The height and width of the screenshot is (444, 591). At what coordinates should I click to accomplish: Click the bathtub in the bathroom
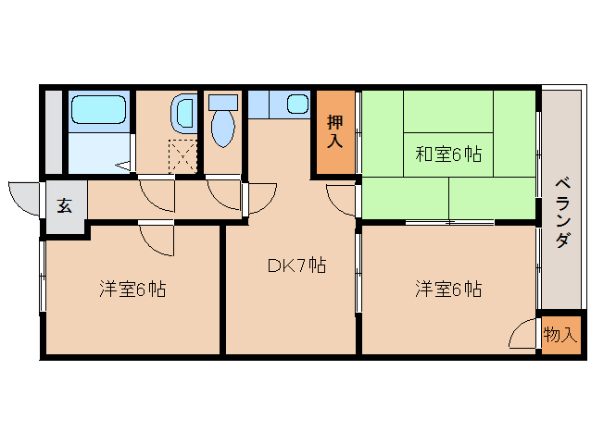pos(99,112)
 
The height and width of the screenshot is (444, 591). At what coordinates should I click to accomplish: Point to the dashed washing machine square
pos(183,154)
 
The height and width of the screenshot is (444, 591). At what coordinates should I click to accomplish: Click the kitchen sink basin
pos(296,104)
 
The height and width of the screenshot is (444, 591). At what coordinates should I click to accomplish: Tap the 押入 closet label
pos(334,130)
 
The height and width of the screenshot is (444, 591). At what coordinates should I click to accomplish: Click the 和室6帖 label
pos(447,154)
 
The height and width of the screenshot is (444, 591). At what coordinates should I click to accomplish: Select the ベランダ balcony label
pos(561,210)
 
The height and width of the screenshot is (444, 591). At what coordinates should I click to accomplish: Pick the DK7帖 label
pos(295,265)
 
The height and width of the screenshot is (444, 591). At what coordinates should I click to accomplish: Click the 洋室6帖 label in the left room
pos(132,289)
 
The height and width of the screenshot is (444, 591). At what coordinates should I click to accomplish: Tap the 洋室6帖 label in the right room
pos(447,289)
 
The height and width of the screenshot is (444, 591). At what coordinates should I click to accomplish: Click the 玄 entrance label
pos(64,205)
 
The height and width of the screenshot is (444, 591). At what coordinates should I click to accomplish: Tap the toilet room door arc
pos(223,192)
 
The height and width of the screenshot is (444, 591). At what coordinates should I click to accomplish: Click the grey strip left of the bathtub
pos(54,131)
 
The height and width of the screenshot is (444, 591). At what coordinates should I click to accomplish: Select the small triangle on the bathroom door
pos(123,166)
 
